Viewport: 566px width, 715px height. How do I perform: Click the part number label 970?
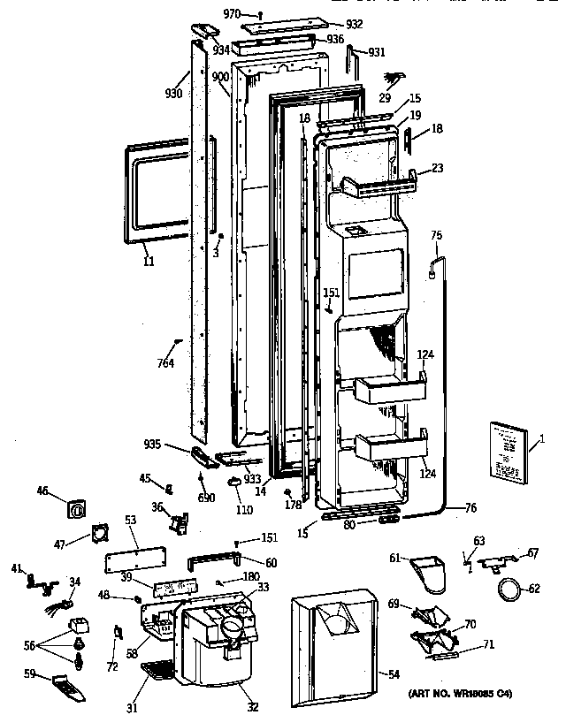pyautogui.click(x=232, y=13)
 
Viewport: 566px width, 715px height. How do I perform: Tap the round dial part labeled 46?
pyautogui.click(x=77, y=510)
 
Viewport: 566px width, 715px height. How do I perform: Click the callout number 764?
pyautogui.click(x=166, y=363)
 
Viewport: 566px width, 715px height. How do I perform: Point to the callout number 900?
pyautogui.click(x=220, y=78)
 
